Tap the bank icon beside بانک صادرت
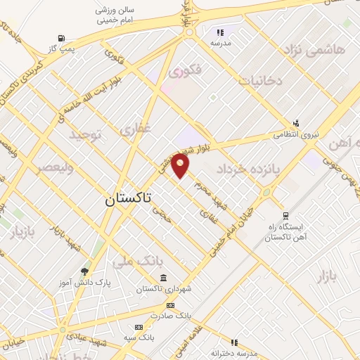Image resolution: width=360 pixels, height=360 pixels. point(170,305)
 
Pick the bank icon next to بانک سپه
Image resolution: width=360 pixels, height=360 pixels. point(139,327)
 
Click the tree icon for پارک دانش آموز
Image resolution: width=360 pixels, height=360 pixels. point(86,271)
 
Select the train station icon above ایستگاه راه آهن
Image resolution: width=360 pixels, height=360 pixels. point(285,216)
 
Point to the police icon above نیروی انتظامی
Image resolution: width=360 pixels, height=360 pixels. point(296,122)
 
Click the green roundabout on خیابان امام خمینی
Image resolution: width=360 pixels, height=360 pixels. point(266,192)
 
